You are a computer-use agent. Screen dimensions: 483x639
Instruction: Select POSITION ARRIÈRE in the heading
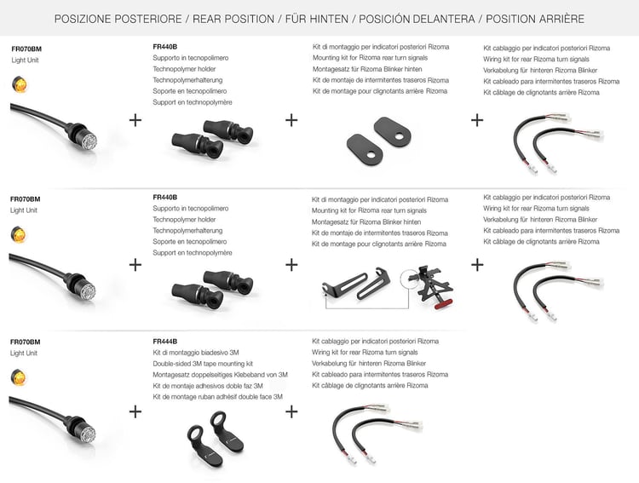coord(534,18)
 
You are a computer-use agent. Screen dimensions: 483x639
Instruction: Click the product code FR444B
coord(164,341)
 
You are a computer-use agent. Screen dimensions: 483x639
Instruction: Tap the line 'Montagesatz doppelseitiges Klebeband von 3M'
coord(220,375)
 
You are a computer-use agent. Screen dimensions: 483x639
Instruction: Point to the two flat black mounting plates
coord(372,142)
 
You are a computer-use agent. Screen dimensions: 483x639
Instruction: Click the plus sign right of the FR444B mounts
coord(291,411)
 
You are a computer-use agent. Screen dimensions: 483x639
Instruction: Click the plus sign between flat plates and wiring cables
coord(477,119)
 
